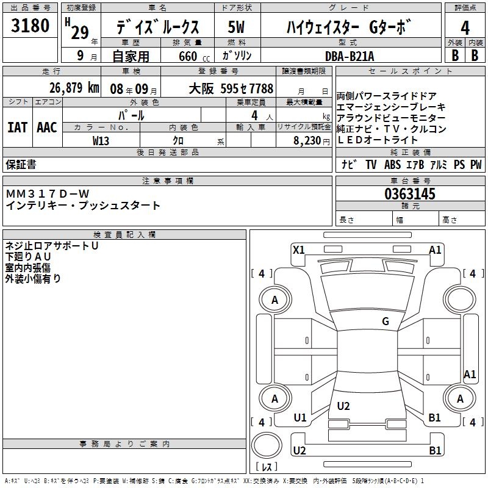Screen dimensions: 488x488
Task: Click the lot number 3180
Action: coord(30,26)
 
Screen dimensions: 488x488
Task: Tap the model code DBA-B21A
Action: coord(351,56)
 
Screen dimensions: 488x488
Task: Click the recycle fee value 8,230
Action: coord(310,140)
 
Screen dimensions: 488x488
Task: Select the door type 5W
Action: coord(237,27)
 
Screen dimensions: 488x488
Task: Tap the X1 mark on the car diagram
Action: coord(298,249)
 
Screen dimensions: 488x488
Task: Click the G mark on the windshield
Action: coord(386,321)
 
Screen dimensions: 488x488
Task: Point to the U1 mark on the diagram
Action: coord(300,418)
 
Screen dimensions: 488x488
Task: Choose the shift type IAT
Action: coord(18,127)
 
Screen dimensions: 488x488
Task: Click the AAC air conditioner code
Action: coord(47,127)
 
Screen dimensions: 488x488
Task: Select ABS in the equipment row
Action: coord(393,165)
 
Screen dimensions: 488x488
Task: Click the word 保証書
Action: coord(21,165)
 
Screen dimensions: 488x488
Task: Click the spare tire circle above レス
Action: coord(266,446)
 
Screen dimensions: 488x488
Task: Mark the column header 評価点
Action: coord(465,8)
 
